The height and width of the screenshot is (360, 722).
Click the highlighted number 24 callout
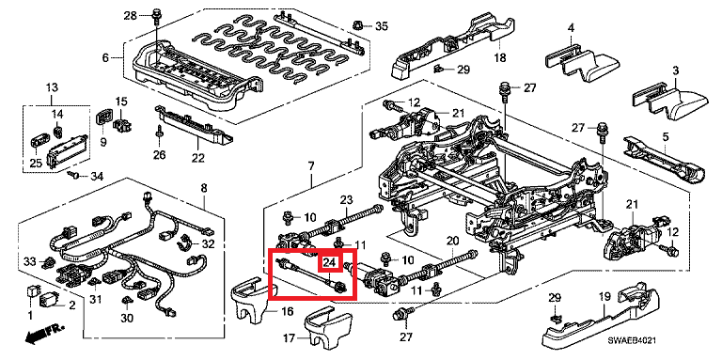[329, 263]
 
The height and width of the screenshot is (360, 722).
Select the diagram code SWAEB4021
[632, 340]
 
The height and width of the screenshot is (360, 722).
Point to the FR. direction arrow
[44, 333]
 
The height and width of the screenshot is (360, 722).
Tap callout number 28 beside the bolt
[131, 17]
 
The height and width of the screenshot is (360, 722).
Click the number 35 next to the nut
[382, 25]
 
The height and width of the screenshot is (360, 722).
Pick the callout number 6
[105, 58]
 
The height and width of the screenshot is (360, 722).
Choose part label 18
[499, 58]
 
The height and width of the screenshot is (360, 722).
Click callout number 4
[571, 28]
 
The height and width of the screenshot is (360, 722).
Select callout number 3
[676, 71]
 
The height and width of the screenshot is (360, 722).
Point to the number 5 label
[666, 136]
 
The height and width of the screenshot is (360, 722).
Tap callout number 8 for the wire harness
[204, 188]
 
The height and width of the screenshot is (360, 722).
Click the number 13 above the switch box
[52, 87]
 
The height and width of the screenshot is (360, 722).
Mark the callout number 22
[197, 158]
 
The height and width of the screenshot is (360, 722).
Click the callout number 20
[453, 241]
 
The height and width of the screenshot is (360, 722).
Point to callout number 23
[346, 199]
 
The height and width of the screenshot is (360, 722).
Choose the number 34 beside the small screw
[97, 176]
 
